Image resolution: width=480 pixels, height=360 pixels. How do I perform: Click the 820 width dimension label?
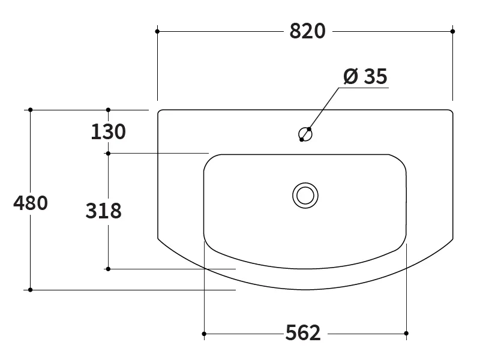click(307, 31)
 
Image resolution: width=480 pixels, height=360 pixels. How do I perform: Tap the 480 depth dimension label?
click(31, 203)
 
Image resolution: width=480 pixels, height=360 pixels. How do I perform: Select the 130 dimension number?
click(109, 132)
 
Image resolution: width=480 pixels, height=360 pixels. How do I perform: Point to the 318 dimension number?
click(103, 211)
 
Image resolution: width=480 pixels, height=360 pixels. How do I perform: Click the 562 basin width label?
click(303, 333)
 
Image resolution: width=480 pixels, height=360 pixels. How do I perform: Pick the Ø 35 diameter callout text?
click(365, 76)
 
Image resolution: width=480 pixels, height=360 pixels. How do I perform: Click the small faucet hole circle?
click(305, 134)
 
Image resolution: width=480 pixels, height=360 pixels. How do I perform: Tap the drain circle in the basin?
click(305, 196)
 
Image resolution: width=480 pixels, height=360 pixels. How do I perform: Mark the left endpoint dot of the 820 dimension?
click(157, 31)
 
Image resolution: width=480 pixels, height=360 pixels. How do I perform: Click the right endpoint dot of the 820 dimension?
click(453, 31)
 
